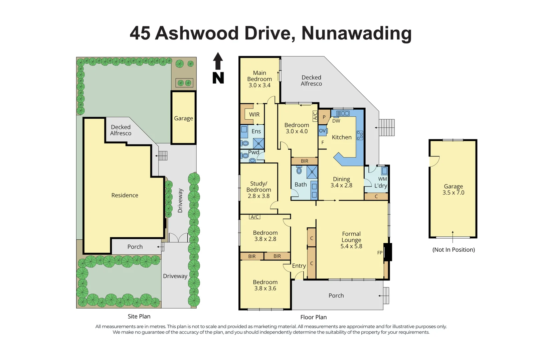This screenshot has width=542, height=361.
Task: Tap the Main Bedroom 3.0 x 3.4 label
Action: pyautogui.click(x=259, y=79)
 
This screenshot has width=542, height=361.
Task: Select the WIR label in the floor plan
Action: pyautogui.click(x=254, y=114)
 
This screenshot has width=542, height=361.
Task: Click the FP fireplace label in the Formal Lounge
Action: pyautogui.click(x=380, y=253)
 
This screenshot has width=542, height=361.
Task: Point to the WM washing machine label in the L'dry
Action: pyautogui.click(x=382, y=179)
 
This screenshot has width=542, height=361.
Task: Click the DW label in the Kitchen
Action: pyautogui.click(x=336, y=121)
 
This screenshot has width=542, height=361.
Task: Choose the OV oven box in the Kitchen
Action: pyautogui.click(x=322, y=131)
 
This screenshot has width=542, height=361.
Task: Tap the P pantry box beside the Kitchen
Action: pyautogui.click(x=324, y=117)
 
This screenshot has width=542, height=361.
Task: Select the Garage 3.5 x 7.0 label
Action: pyautogui.click(x=453, y=190)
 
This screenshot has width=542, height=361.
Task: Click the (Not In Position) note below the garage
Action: pyautogui.click(x=453, y=250)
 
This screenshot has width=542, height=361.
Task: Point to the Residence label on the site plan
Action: pyautogui.click(x=125, y=195)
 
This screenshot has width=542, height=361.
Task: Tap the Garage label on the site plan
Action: pyautogui.click(x=183, y=118)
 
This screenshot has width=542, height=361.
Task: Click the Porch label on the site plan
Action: pyautogui.click(x=135, y=247)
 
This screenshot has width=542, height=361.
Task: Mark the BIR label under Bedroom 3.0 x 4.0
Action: pyautogui.click(x=304, y=161)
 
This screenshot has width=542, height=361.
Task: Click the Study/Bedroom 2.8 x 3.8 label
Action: pyautogui.click(x=258, y=190)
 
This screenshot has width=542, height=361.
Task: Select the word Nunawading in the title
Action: pyautogui.click(x=356, y=33)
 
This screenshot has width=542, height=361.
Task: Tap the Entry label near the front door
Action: pyautogui.click(x=299, y=266)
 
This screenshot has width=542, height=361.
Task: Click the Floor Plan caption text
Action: pyautogui.click(x=313, y=317)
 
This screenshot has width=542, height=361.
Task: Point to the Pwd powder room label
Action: pyautogui.click(x=253, y=152)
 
